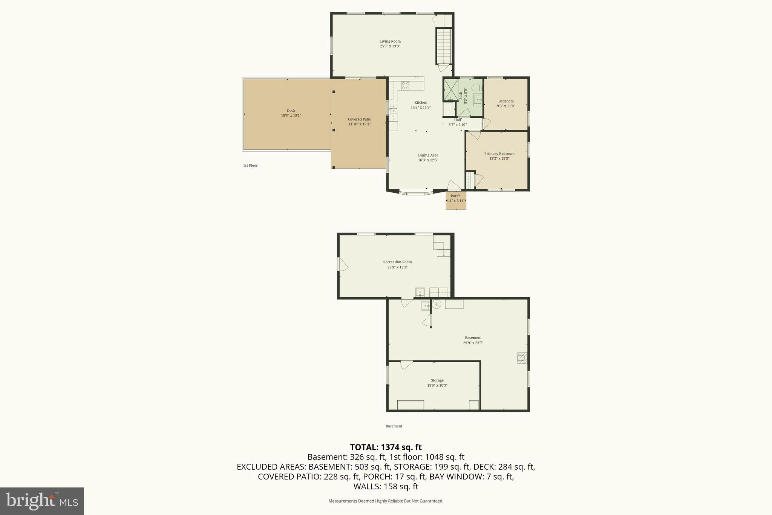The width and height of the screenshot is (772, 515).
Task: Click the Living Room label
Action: (x=390, y=42)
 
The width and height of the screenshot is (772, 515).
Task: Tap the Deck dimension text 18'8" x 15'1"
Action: (x=291, y=115)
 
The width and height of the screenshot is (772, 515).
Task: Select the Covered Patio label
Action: (x=359, y=119)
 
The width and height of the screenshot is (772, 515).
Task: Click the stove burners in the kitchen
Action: (x=406, y=86)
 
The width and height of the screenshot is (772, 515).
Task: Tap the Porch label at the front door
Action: (x=455, y=196)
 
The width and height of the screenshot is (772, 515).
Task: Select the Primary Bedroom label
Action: (x=499, y=154)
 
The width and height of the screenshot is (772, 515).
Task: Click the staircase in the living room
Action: (x=444, y=46)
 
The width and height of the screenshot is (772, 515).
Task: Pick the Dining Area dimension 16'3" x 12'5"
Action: (x=428, y=160)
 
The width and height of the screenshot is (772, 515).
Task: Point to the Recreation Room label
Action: (x=397, y=262)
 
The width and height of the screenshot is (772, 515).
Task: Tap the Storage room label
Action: (x=437, y=380)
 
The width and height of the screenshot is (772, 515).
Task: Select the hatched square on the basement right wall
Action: (x=522, y=358)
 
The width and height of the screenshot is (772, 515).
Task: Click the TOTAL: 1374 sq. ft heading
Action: (x=386, y=447)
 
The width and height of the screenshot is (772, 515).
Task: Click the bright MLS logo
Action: (x=42, y=501)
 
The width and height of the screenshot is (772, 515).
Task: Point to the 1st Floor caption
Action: (x=250, y=166)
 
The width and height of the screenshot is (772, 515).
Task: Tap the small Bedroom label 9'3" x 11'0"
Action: (x=506, y=101)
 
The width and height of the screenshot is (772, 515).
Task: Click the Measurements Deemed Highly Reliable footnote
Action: (x=386, y=501)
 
